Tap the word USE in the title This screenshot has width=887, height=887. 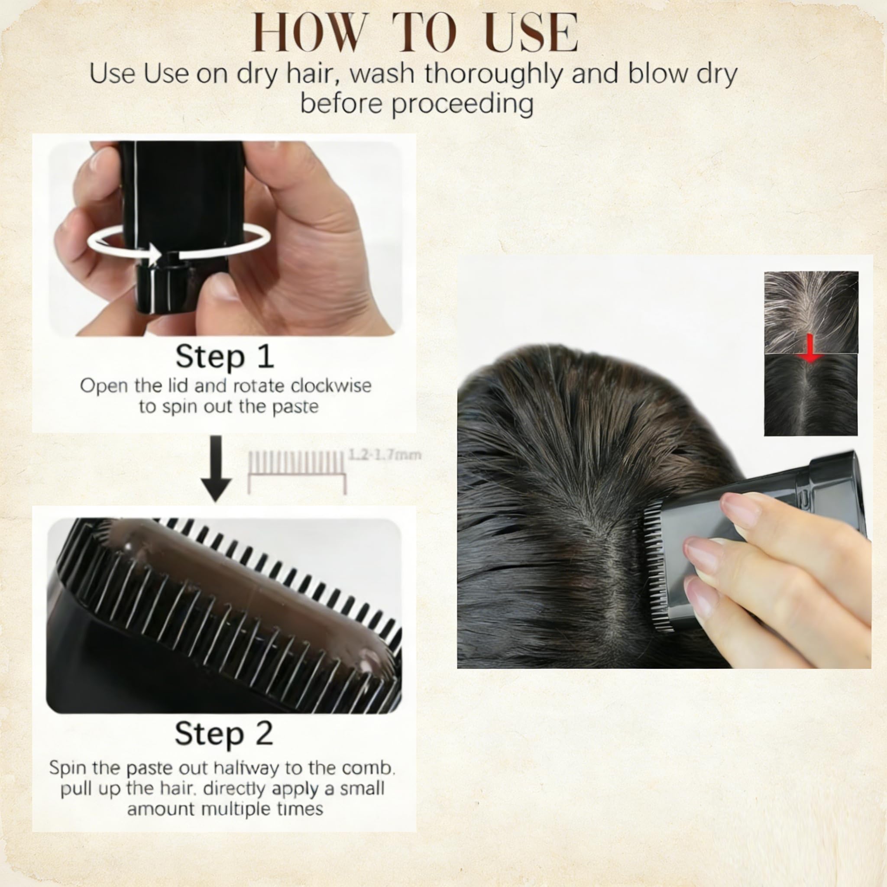[531, 32]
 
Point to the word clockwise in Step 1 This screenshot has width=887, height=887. [331, 385]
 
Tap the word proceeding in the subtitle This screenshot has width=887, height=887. [462, 104]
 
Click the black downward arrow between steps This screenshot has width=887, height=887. [216, 468]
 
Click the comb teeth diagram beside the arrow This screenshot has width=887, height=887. [297, 471]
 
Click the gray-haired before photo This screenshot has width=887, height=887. [811, 312]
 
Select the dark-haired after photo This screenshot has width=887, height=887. [811, 395]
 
